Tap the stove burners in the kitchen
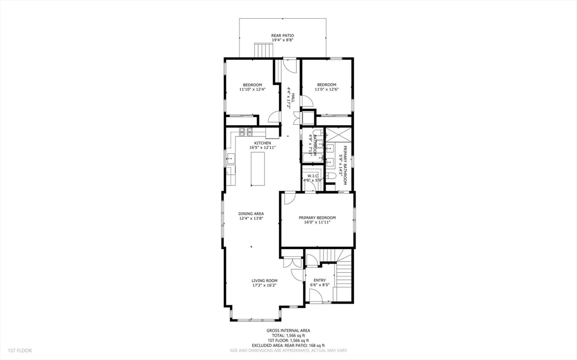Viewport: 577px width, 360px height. [246, 132]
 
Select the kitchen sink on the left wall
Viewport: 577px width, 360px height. [230, 159]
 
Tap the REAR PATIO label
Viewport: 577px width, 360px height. [282, 35]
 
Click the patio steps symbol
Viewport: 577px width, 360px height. [263, 50]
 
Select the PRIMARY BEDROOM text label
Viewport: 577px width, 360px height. [317, 217]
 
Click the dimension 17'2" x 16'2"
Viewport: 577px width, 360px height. [265, 286]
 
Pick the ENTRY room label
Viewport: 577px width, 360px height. [319, 280]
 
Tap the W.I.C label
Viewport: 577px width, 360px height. [313, 175]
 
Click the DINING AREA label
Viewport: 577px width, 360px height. [251, 214]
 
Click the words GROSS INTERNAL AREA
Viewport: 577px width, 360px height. [288, 330]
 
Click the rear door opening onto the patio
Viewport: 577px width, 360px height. [290, 64]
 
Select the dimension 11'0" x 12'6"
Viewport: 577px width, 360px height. [326, 89]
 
